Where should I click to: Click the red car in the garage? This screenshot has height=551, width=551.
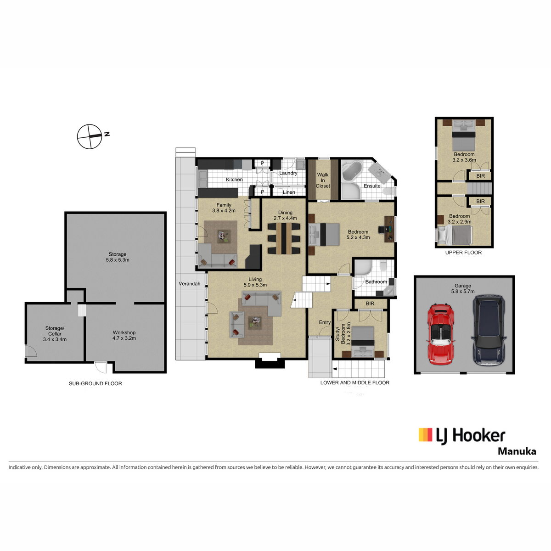(441, 334)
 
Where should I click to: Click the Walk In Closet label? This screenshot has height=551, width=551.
(322, 180)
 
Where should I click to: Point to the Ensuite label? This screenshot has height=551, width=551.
(372, 186)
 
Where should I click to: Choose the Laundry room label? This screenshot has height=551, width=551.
(288, 173)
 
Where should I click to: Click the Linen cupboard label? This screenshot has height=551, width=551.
(288, 192)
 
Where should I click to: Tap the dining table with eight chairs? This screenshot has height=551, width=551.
(284, 239)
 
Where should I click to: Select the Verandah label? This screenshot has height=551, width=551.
(189, 284)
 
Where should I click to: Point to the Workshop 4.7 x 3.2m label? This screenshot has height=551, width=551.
(124, 335)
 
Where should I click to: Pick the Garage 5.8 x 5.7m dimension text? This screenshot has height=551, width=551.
(463, 288)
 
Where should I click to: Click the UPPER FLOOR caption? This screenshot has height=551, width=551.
(463, 253)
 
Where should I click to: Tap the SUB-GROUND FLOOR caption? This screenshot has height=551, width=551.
(95, 383)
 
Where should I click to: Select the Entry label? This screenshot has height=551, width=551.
(325, 322)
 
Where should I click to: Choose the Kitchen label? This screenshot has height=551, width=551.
(234, 180)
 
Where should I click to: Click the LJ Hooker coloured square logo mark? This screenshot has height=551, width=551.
(425, 434)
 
